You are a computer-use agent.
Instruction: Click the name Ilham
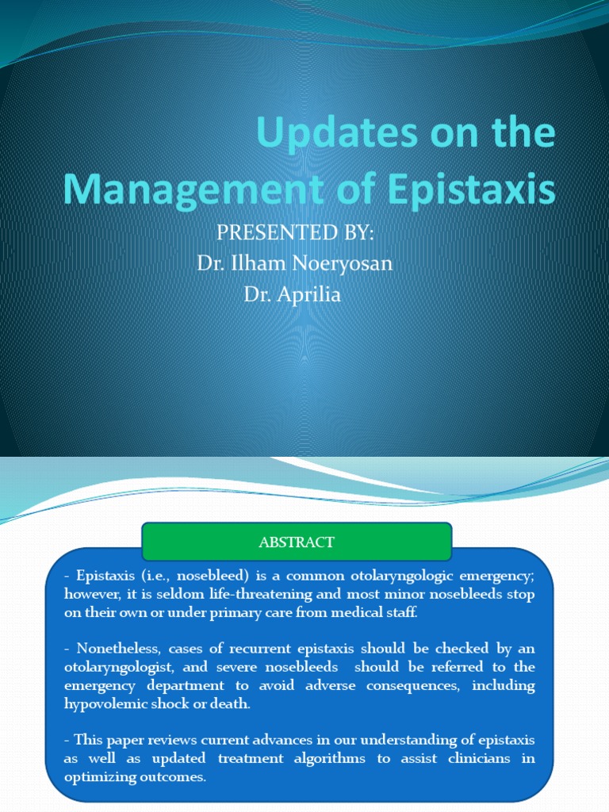tap(259, 262)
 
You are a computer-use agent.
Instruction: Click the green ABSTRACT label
tap(297, 542)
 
